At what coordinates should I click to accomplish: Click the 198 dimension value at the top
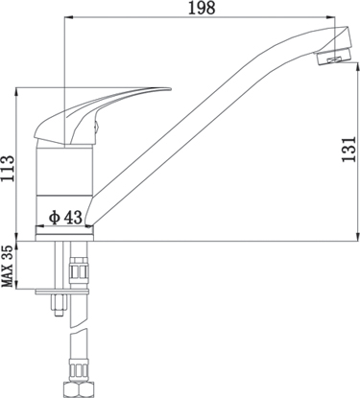point(202,8)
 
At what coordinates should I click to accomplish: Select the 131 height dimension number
point(349,150)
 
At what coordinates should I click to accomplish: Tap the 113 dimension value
point(8,169)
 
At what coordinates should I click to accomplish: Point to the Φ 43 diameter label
point(65,218)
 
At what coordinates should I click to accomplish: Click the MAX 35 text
point(8,267)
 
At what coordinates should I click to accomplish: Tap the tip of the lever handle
point(171,89)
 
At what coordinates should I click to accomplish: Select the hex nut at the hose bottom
point(78,389)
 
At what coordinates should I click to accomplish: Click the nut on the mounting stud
point(60,305)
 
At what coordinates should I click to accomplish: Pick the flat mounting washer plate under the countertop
point(62,292)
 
